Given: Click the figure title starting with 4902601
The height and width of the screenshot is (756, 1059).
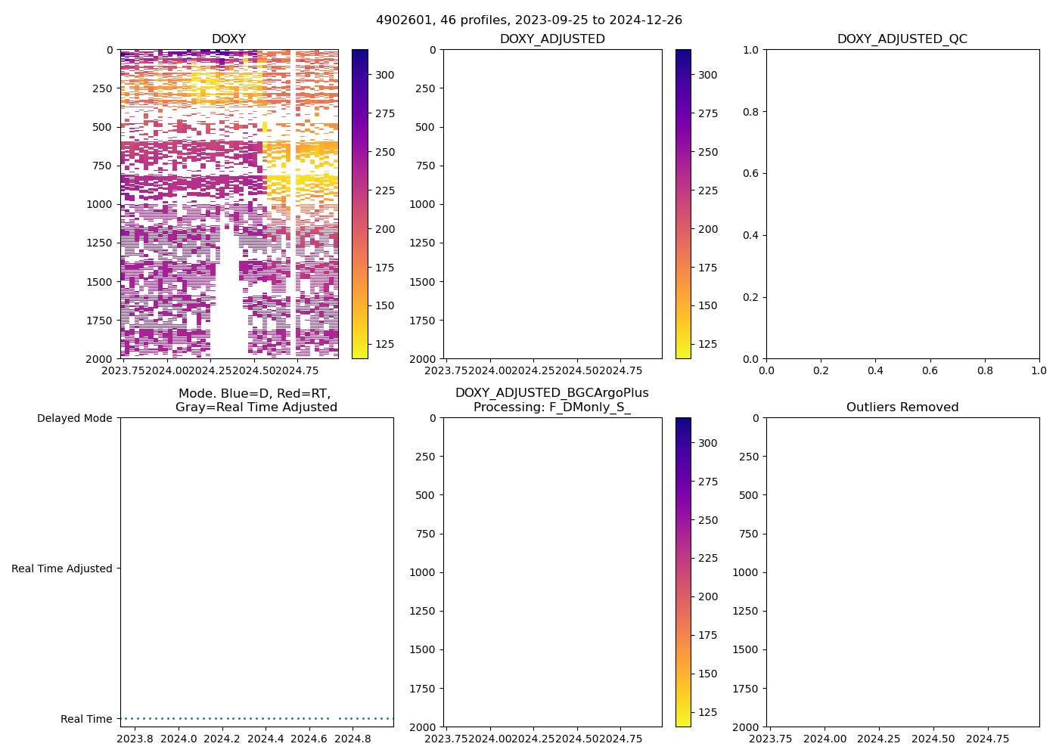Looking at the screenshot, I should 529,20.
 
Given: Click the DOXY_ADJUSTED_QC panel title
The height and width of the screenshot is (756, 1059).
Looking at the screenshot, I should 902,39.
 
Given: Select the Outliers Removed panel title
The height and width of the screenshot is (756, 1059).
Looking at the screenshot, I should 902,407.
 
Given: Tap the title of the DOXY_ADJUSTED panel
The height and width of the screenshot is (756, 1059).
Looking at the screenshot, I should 552,39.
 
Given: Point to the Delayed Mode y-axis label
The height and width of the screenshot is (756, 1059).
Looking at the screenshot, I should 74,418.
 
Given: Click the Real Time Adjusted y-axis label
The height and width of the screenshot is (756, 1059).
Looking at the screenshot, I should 61,569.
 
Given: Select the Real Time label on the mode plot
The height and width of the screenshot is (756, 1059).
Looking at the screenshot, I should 86,719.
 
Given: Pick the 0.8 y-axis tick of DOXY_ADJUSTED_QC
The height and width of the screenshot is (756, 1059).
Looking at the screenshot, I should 751,112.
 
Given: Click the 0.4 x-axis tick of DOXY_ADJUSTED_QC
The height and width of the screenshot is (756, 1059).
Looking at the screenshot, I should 875,370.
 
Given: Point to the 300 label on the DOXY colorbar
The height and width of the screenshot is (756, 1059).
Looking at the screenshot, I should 385,75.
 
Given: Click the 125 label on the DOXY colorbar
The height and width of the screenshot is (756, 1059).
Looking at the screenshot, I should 385,344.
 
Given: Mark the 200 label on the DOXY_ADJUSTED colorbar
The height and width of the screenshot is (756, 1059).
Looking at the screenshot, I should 708,229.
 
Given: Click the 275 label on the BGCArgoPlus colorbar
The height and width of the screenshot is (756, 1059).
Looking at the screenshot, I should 708,482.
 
